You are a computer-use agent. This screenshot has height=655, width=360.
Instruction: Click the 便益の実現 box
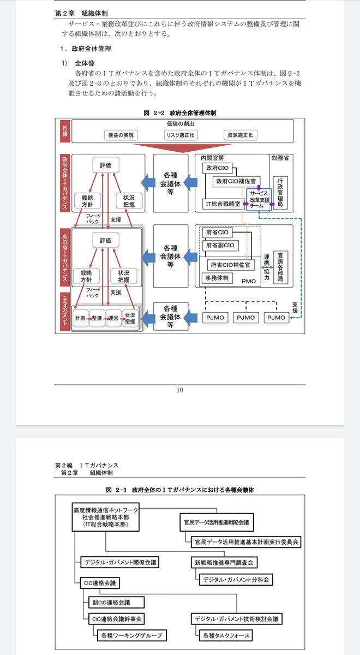click(121, 135)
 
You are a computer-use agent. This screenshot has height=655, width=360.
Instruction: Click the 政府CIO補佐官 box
click(236, 181)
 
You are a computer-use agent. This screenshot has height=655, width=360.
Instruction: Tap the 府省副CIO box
click(220, 246)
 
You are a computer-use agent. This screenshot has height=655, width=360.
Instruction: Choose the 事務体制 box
click(217, 278)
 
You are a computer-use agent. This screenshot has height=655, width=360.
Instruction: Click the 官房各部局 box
click(281, 266)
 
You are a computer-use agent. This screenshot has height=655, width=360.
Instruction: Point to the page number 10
click(180, 390)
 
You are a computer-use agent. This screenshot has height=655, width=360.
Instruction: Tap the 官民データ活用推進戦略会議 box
click(215, 522)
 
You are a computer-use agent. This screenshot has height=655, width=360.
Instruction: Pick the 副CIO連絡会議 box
click(115, 603)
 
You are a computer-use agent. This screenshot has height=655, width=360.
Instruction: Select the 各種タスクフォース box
click(225, 635)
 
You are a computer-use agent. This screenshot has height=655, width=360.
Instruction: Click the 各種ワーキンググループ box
click(130, 635)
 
